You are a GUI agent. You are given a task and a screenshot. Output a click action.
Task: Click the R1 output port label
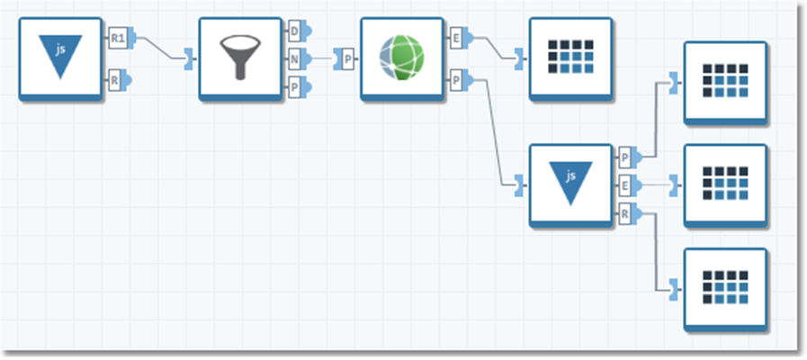118,38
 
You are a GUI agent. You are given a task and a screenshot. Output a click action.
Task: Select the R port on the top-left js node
117,79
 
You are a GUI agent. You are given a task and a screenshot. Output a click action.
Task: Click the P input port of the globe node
347,58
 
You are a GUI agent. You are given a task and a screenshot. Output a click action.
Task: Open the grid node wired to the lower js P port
725,82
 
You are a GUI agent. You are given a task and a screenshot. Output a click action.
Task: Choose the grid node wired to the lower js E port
725,184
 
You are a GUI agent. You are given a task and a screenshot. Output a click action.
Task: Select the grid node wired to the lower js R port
725,288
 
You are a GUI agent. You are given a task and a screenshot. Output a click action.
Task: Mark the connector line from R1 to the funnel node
162,49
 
